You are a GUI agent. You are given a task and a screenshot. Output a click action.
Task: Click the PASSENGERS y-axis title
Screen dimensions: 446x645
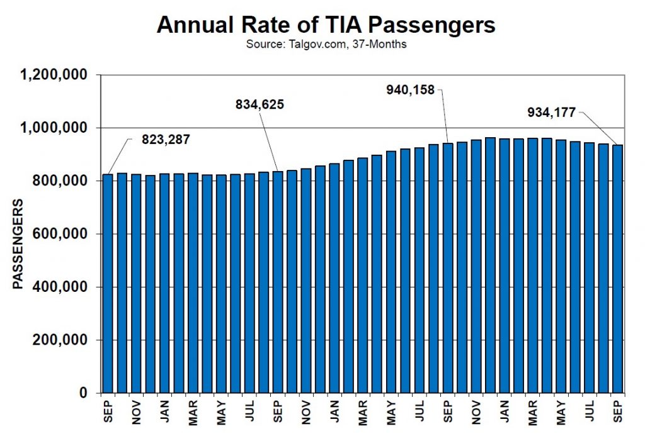[18, 244]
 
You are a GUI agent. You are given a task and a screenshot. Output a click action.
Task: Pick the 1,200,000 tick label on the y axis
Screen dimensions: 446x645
[54, 75]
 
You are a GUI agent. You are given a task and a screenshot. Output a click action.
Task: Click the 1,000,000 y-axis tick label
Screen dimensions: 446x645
[54, 128]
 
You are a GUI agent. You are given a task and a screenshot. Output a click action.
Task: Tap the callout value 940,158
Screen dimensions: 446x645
[410, 90]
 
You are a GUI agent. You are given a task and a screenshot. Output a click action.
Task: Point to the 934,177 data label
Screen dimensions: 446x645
[552, 113]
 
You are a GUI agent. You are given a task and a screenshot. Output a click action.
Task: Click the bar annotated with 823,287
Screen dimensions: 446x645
[108, 283]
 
